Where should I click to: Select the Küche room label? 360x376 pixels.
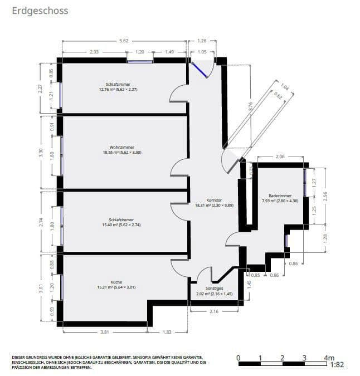pos(116,282)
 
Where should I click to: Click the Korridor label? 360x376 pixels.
pos(214,200)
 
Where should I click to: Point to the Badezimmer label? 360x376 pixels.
pos(279,196)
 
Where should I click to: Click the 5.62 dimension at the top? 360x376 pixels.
pos(124,40)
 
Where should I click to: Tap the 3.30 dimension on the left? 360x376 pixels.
pos(40,153)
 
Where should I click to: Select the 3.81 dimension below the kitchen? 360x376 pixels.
pos(105,332)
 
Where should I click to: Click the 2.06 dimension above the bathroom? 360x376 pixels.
pos(280,157)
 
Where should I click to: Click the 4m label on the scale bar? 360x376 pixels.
pos(328,357)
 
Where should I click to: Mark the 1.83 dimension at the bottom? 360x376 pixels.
pos(167,332)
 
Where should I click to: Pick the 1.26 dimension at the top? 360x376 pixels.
pos(202,40)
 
